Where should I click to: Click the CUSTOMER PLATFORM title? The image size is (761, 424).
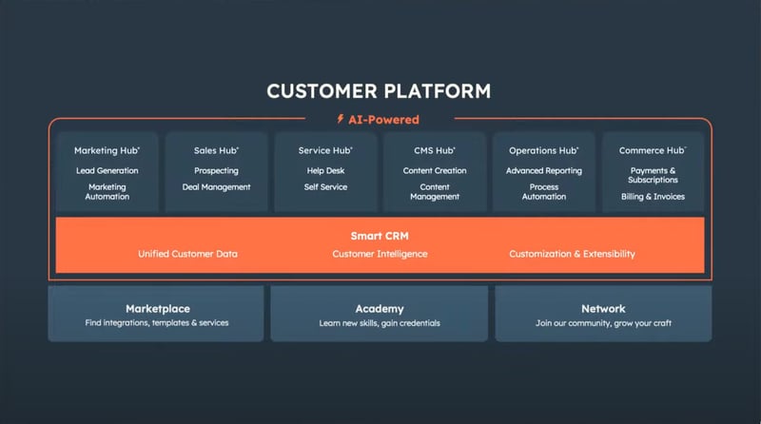[379, 91]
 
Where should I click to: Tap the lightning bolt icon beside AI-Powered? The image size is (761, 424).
[341, 119]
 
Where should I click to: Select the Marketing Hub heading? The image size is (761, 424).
[107, 150]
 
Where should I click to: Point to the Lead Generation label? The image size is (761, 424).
[107, 171]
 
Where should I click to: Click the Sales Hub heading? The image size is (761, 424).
[216, 150]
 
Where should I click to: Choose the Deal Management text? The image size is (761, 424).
[217, 187]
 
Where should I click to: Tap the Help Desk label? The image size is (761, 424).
[325, 171]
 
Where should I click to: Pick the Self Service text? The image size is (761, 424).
[325, 187]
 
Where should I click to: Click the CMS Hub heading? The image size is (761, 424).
[435, 150]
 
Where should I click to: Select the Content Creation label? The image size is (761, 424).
[435, 171]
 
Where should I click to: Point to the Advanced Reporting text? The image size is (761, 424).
[544, 171]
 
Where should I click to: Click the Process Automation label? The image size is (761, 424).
[544, 192]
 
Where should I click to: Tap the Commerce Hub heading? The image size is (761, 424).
[653, 150]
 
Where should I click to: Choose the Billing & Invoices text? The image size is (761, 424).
[653, 197]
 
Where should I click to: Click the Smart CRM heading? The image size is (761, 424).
[380, 237]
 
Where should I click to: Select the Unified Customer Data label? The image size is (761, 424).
[187, 254]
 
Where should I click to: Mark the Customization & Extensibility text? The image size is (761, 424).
[573, 254]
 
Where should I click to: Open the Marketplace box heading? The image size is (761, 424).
[158, 309]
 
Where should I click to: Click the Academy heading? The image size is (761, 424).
[380, 309]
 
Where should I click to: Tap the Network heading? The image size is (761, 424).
[603, 309]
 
